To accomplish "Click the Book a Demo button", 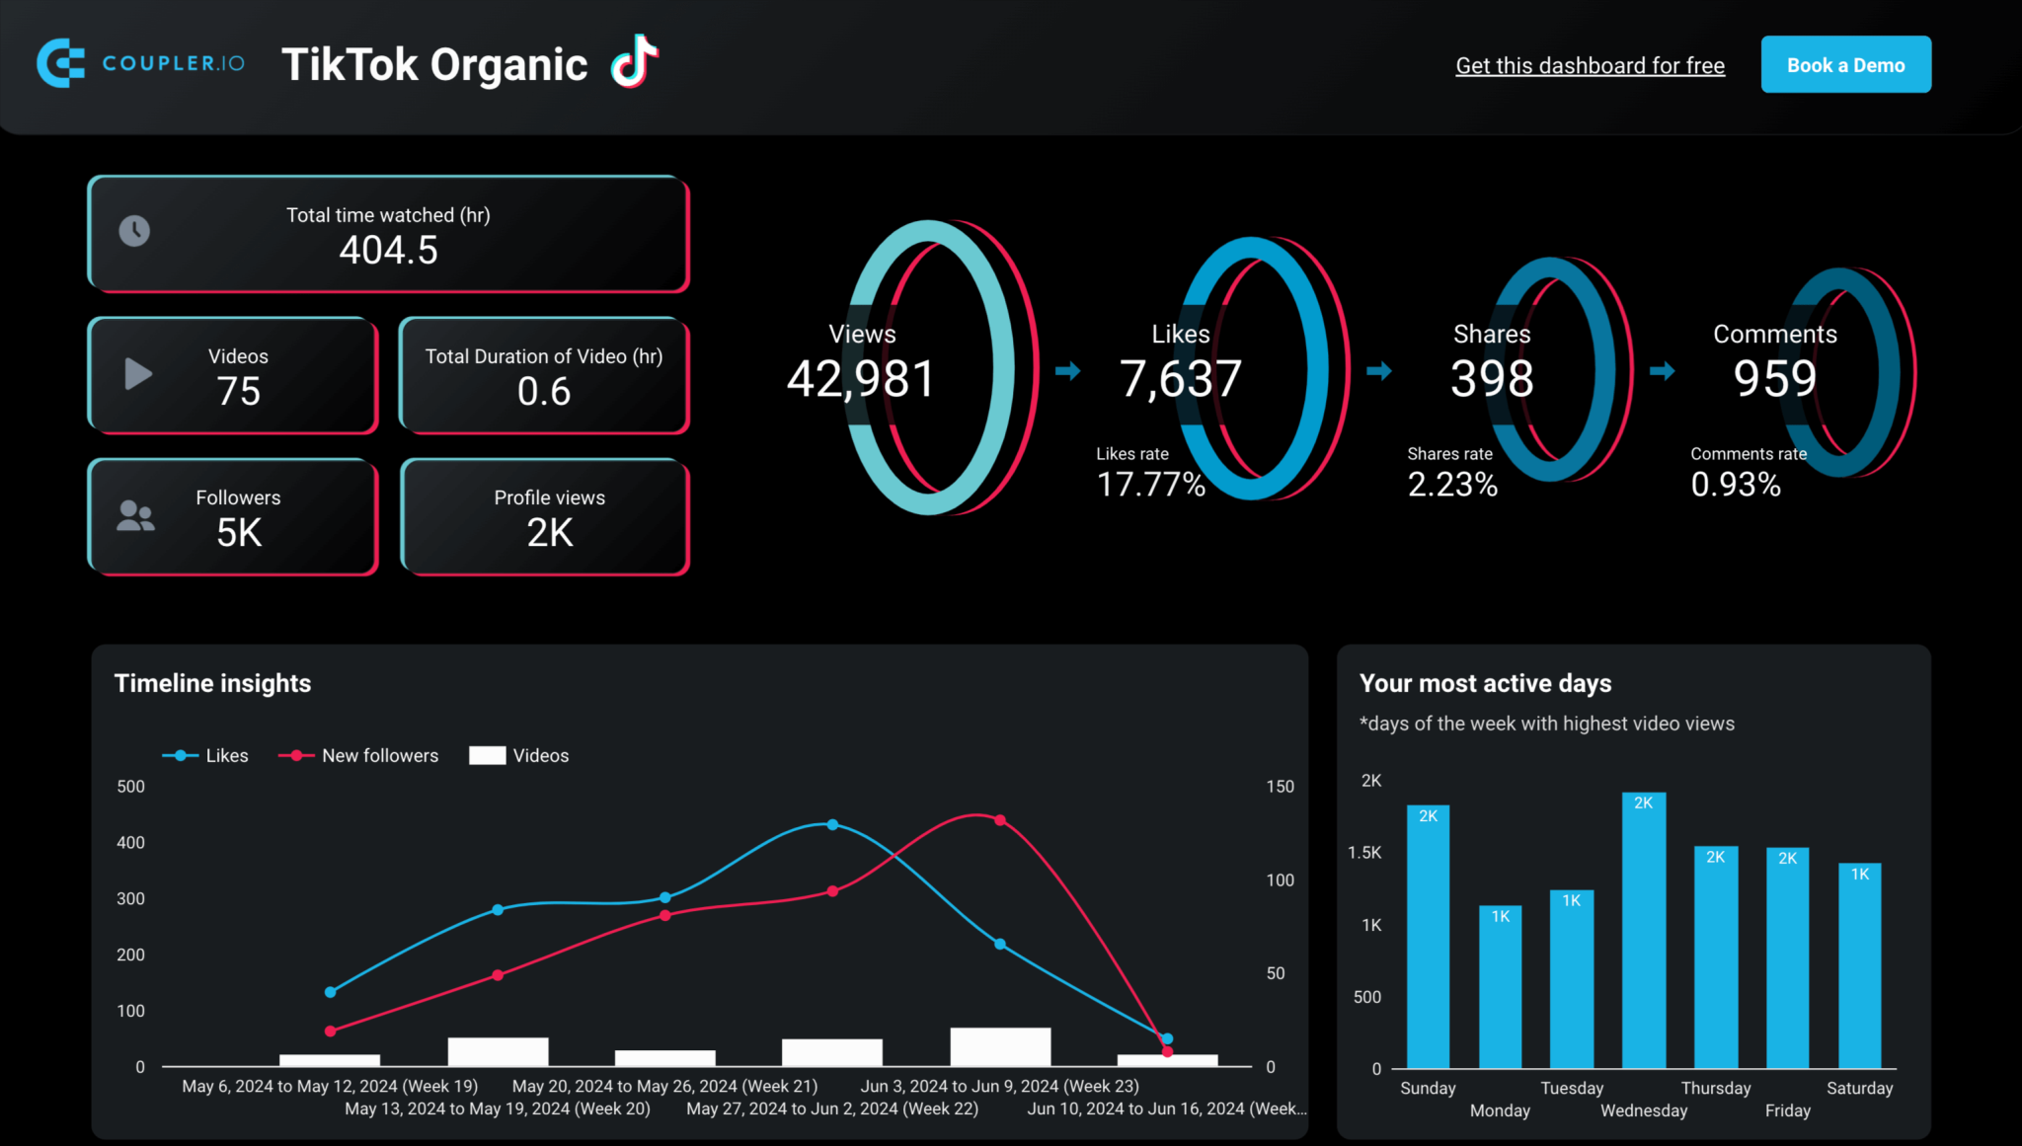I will (1845, 65).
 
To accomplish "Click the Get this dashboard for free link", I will (1590, 66).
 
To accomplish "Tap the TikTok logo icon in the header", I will (634, 62).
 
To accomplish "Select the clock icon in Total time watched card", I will (134, 231).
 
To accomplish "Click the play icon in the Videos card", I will (138, 374).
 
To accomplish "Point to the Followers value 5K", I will (239, 533).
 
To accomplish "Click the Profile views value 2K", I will (550, 533).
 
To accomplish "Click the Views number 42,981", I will (860, 379).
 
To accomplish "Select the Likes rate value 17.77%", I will (1151, 485).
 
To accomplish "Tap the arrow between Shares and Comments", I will (1663, 371).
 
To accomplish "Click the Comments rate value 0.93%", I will (1736, 485).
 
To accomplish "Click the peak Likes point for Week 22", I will (832, 824).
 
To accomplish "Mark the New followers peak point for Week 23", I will (1000, 820).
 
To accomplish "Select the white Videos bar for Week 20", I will (498, 1051).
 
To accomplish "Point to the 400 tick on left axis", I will (130, 843).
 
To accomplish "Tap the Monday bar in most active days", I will (1500, 987).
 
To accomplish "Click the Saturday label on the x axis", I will (1859, 1088).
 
